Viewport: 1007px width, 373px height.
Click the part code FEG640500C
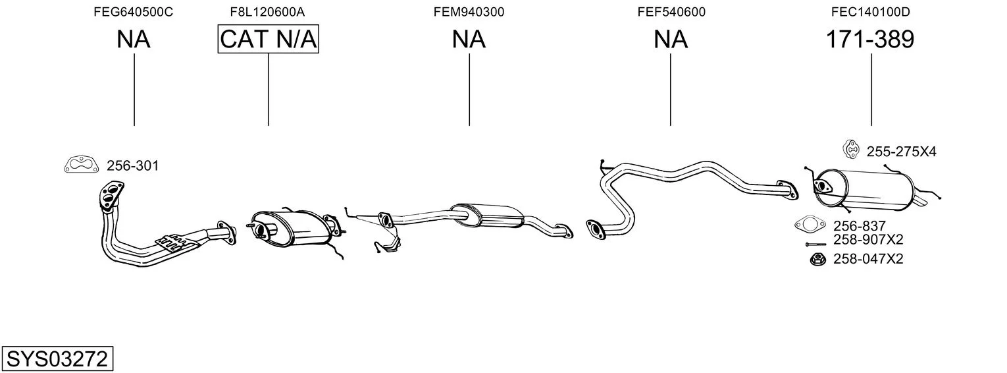point(133,12)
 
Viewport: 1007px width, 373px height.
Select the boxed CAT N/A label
point(269,39)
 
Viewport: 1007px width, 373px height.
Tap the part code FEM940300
point(469,12)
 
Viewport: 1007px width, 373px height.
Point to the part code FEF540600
point(671,12)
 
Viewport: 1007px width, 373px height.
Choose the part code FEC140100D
point(870,12)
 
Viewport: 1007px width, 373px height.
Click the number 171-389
point(870,40)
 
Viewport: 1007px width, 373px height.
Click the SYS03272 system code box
point(57,359)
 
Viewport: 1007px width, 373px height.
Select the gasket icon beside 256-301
point(82,165)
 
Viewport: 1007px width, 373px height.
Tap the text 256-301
point(132,166)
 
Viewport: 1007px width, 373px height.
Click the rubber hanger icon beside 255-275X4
point(850,150)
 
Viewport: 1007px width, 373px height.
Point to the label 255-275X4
point(901,152)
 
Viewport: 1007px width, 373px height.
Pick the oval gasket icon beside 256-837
point(810,224)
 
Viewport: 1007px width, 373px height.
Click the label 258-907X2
point(868,240)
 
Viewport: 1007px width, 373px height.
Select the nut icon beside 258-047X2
point(817,259)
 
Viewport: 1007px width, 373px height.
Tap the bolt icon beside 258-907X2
point(816,244)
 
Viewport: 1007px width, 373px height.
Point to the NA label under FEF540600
point(670,40)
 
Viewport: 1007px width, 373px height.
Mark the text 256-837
point(859,226)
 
